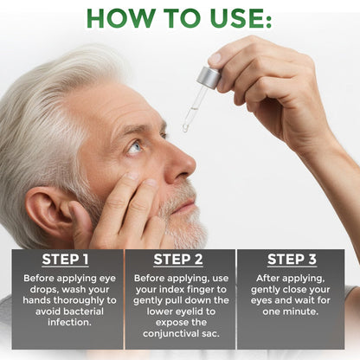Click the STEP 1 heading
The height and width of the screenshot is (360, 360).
(x=65, y=258)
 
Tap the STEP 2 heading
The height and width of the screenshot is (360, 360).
(x=179, y=258)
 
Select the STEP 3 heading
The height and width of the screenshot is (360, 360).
(x=292, y=258)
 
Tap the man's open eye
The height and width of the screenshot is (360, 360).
(x=136, y=148)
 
